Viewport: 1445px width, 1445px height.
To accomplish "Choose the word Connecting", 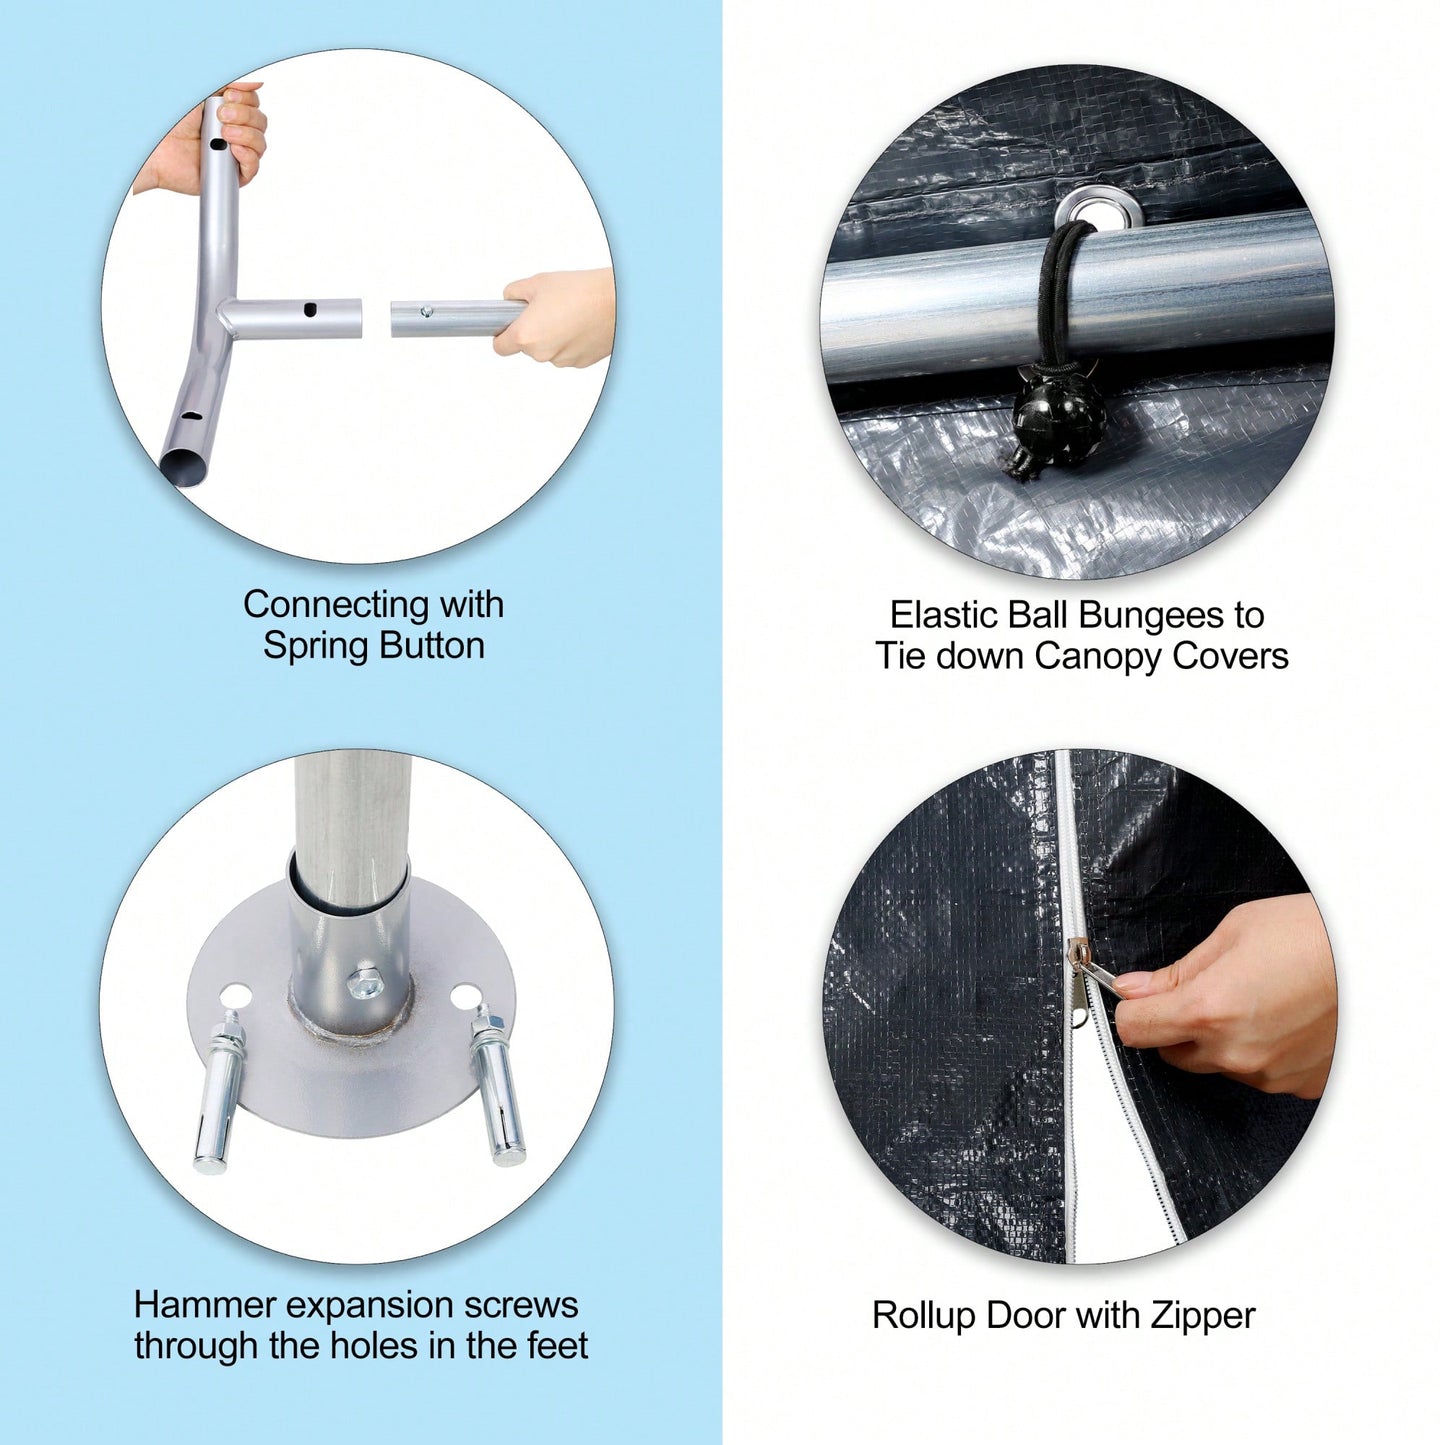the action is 332,604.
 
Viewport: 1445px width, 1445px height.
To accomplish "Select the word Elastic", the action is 943,615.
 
